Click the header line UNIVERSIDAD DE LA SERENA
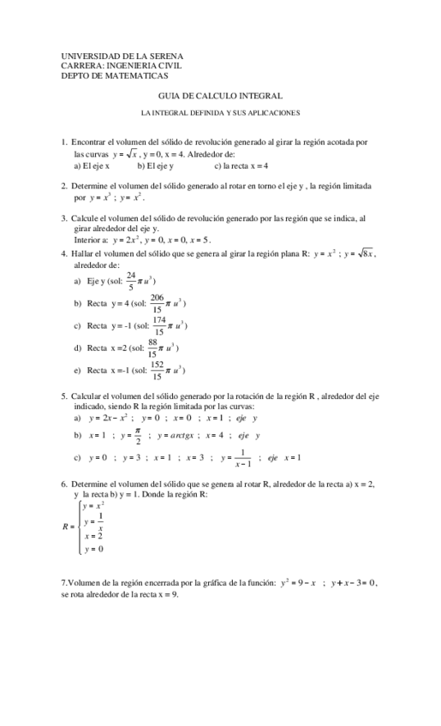coord(116,55)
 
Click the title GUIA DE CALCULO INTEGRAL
coord(221,96)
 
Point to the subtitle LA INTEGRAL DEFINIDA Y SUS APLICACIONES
coord(221,113)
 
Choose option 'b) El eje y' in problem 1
coord(155,165)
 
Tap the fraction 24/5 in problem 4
coord(131,280)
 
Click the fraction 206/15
coord(157,303)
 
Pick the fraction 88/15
coord(152,348)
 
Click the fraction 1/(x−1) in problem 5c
coord(242,458)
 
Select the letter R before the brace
coord(66,527)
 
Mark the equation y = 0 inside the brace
coord(93,549)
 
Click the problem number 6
coord(64,485)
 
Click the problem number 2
coord(64,185)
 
